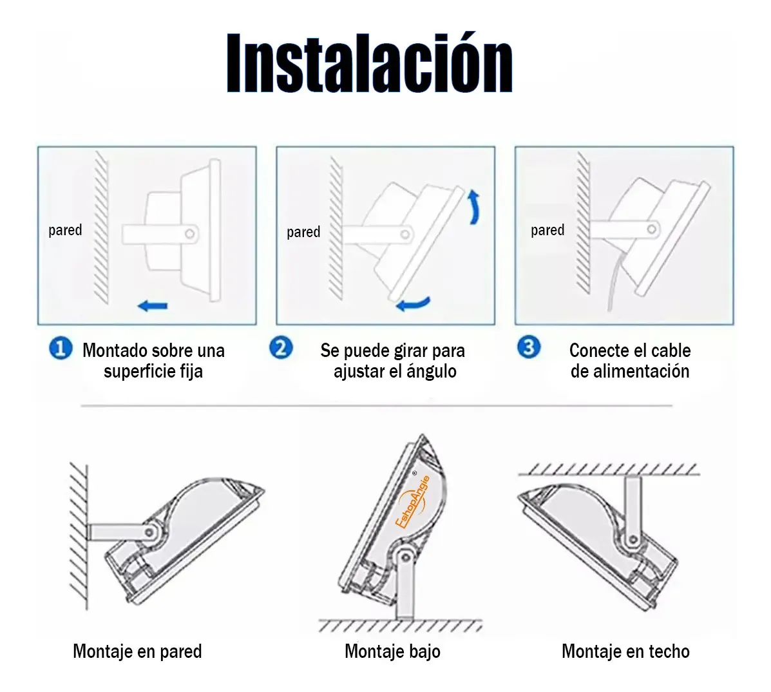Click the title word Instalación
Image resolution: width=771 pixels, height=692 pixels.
click(x=370, y=63)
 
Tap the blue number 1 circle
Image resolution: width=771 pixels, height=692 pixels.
click(x=61, y=348)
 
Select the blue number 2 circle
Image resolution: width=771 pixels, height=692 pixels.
click(x=281, y=348)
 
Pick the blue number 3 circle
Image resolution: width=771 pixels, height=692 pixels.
click(x=529, y=347)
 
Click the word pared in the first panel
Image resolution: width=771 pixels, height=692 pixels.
click(x=65, y=230)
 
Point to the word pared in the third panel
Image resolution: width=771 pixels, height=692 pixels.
click(x=547, y=230)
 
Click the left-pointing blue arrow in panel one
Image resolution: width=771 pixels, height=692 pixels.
click(x=153, y=306)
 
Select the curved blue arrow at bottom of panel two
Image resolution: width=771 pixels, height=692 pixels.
click(x=413, y=304)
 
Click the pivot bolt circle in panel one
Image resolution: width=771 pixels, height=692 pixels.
click(x=190, y=234)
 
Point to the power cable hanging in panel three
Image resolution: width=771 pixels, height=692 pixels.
click(x=614, y=285)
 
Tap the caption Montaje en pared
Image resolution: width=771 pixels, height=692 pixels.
click(x=137, y=651)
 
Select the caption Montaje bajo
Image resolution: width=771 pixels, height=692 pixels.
click(x=392, y=651)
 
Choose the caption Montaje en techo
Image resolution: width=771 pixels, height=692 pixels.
click(x=625, y=651)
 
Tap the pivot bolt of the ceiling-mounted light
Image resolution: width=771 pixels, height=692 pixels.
click(x=634, y=540)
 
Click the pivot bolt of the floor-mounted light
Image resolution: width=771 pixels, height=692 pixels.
click(x=405, y=557)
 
